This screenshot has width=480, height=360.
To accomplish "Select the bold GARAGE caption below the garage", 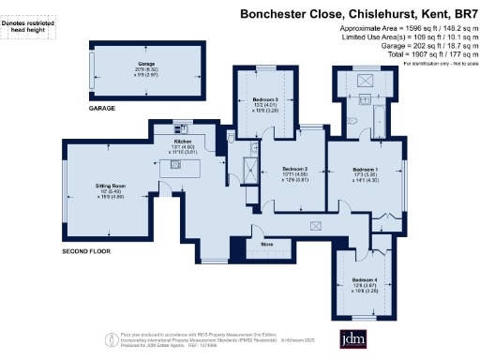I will tap(103, 109).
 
